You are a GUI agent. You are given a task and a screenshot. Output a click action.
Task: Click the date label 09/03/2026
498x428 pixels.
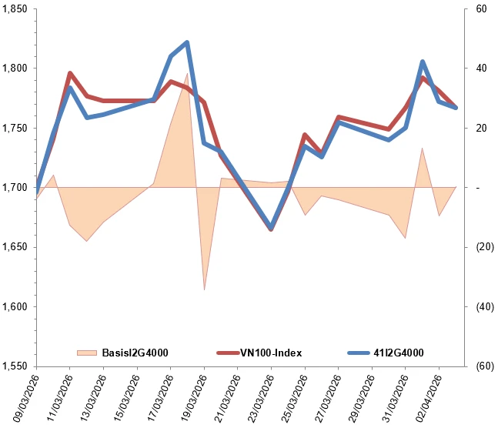[x=22, y=397]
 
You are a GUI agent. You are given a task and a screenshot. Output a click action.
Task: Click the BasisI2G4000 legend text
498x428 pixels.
[x=135, y=353]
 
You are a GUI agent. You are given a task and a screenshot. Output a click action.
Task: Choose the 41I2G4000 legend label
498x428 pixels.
[x=399, y=353]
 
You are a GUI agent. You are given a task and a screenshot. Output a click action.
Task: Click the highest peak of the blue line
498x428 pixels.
[x=187, y=42]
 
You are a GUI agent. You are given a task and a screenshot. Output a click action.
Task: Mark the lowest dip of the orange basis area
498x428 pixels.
[x=204, y=290]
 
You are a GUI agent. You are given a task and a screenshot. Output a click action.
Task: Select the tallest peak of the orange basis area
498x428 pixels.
[x=187, y=73]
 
